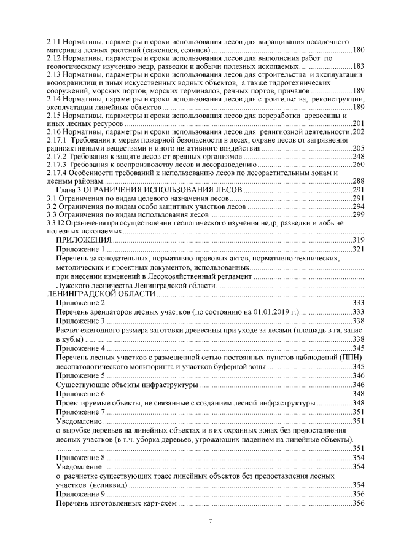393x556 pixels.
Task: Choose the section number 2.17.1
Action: pos(56,141)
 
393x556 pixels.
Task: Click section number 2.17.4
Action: pos(56,173)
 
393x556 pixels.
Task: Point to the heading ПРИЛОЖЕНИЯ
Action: pos(80,240)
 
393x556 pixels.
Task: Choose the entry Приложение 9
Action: pos(80,494)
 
